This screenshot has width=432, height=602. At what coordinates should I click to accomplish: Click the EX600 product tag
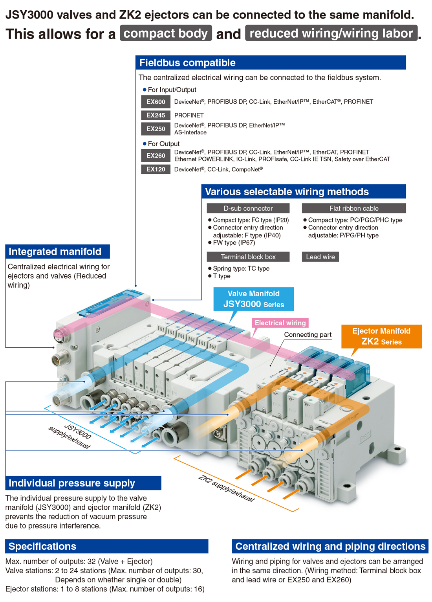pyautogui.click(x=156, y=102)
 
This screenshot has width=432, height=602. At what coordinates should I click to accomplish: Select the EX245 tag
pyautogui.click(x=156, y=115)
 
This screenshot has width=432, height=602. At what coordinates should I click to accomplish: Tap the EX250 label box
pyautogui.click(x=156, y=129)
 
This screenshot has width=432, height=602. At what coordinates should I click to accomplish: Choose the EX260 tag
pyautogui.click(x=156, y=155)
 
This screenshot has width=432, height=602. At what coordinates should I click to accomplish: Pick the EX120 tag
pyautogui.click(x=156, y=169)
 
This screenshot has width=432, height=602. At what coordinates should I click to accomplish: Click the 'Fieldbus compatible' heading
pyautogui.click(x=187, y=62)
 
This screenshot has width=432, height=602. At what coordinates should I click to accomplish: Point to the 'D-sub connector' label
pyautogui.click(x=248, y=208)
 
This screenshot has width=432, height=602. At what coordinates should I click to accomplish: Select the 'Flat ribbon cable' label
pyautogui.click(x=353, y=208)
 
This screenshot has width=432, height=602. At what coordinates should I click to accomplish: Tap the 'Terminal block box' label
pyautogui.click(x=248, y=257)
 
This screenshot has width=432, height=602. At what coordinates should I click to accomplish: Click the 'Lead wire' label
pyautogui.click(x=320, y=257)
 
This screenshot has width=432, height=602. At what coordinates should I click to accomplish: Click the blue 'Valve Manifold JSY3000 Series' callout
pyautogui.click(x=253, y=299)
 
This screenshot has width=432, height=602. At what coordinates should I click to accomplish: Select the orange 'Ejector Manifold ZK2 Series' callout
pyautogui.click(x=381, y=336)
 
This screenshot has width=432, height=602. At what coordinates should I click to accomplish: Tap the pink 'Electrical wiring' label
pyautogui.click(x=280, y=323)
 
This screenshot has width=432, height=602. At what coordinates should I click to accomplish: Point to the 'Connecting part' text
pyautogui.click(x=308, y=334)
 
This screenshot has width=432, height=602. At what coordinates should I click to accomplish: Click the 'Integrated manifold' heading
pyautogui.click(x=55, y=251)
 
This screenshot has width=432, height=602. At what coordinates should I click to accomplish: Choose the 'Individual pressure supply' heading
pyautogui.click(x=72, y=483)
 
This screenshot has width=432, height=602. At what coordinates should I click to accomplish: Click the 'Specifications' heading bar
pyautogui.click(x=107, y=546)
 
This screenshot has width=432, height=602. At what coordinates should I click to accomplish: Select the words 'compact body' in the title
pyautogui.click(x=166, y=33)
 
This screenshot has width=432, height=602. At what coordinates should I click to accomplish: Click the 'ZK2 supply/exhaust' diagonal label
pyautogui.click(x=226, y=488)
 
